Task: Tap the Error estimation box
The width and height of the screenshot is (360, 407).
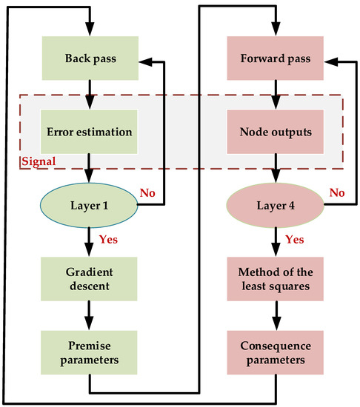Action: click(90, 132)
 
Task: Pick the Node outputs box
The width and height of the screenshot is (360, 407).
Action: click(276, 132)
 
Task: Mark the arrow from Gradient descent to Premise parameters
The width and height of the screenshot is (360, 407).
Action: click(90, 321)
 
